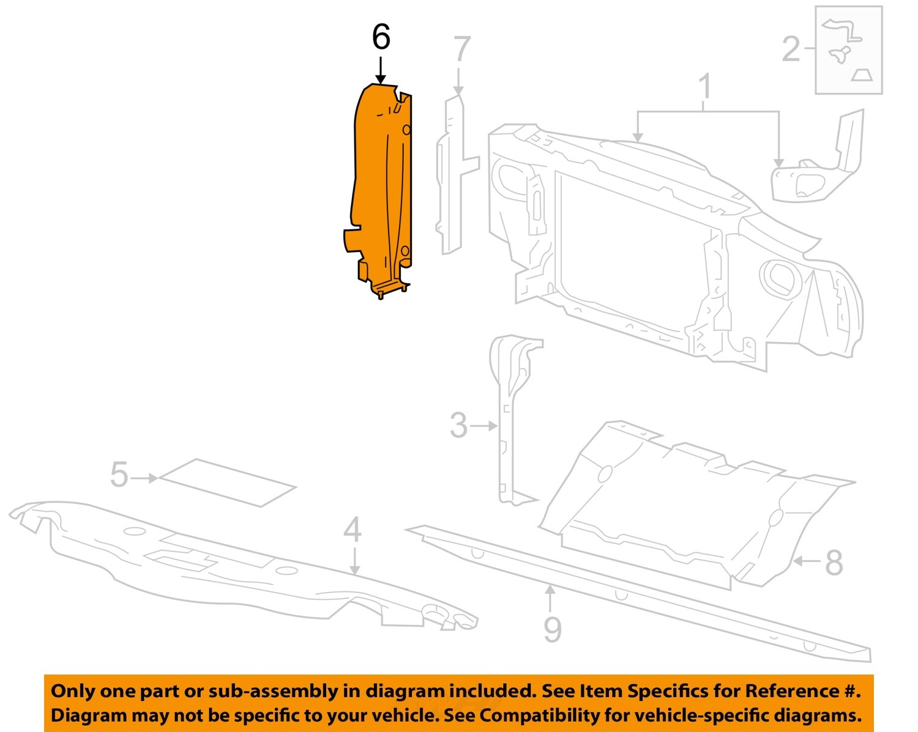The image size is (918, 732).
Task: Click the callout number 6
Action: (381, 38)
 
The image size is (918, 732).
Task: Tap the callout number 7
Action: (462, 50)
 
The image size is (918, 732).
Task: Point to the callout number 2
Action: (791, 49)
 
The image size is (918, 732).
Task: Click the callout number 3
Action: (458, 426)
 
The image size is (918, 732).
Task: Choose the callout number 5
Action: (119, 475)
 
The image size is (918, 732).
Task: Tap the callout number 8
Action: (834, 563)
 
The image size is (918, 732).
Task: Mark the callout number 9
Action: (552, 629)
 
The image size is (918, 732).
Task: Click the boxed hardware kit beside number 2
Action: (848, 50)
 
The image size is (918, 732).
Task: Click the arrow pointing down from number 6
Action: (381, 70)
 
